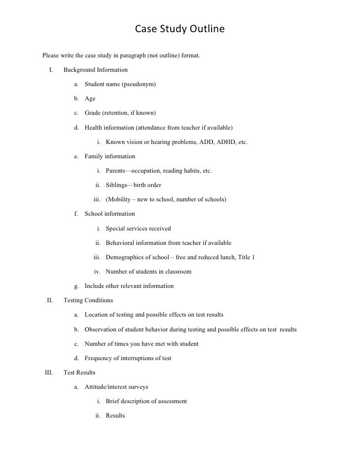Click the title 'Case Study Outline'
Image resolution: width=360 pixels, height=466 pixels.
point(180,30)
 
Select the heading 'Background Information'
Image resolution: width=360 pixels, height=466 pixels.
point(95,70)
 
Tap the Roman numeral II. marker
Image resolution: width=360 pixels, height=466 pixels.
point(50,300)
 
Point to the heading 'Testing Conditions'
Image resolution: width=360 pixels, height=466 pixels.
point(88,300)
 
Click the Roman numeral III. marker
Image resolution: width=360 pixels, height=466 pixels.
point(49,372)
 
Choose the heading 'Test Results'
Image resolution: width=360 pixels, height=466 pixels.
point(80,372)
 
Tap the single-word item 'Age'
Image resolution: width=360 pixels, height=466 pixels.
point(90,98)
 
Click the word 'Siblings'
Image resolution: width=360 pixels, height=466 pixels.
point(116,185)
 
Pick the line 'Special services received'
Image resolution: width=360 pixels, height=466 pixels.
point(138,229)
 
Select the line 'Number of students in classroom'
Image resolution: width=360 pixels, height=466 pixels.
point(148,272)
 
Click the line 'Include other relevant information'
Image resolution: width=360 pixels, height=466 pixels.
point(129,285)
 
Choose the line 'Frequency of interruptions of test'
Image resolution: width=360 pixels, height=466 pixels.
point(128,358)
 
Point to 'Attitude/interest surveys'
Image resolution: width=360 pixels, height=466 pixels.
point(116,386)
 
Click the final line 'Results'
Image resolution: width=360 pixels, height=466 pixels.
point(115,416)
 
